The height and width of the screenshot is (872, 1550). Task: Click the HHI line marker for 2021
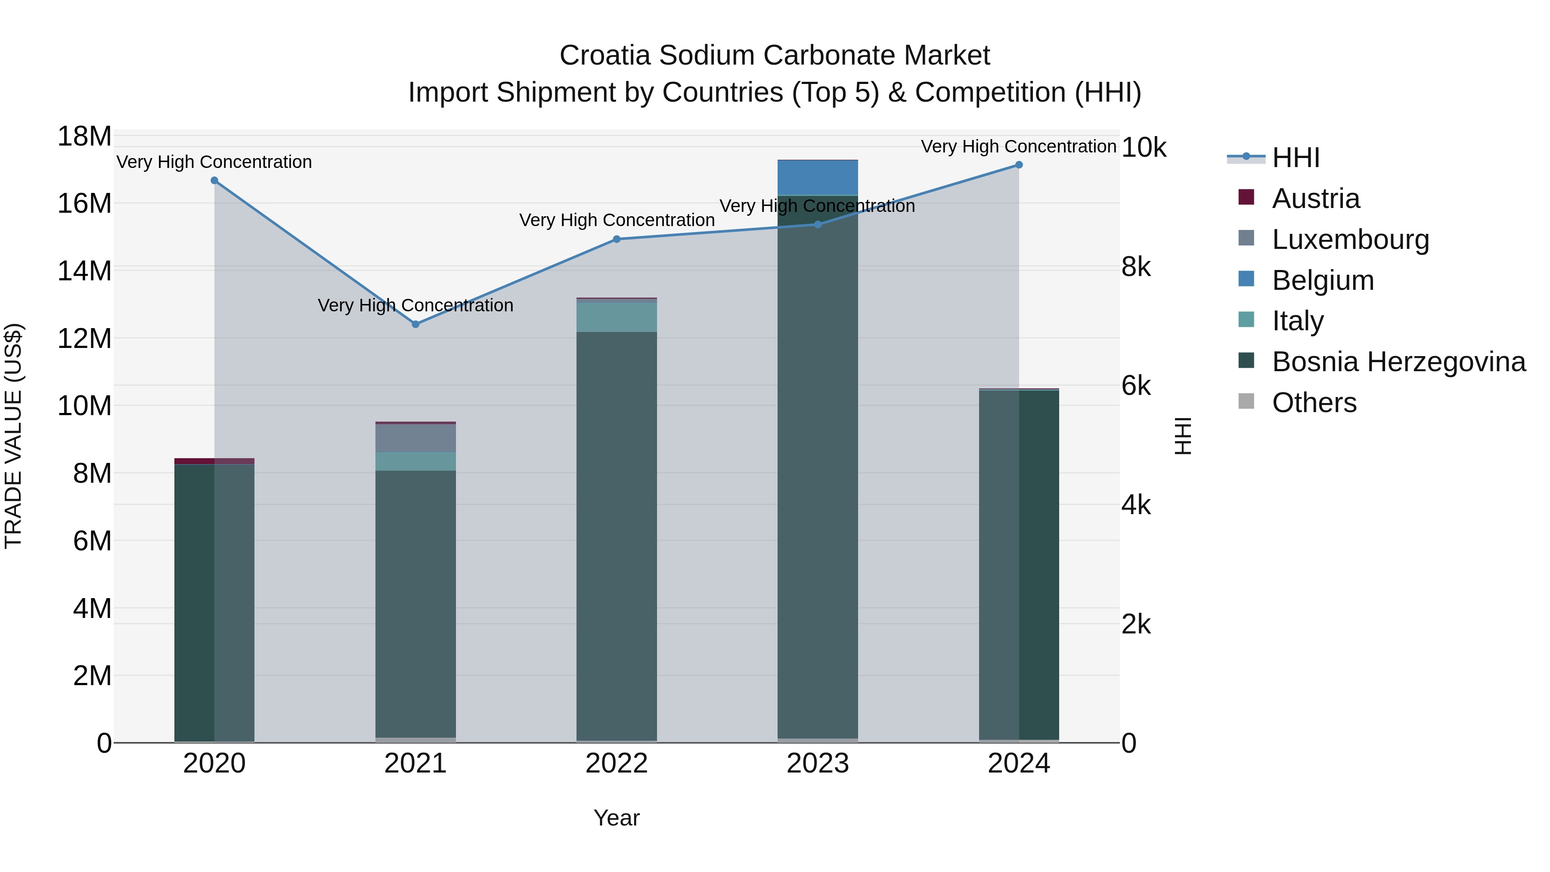pos(415,324)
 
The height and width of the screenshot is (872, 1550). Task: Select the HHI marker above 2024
pos(1019,164)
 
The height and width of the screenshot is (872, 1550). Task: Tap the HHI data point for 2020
pos(214,180)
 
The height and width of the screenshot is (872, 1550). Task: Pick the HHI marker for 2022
pos(616,239)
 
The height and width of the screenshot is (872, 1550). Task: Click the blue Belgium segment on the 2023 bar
pos(817,177)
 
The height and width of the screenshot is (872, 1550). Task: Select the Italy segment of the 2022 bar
pos(616,317)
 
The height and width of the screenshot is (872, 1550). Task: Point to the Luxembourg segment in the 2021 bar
pos(415,438)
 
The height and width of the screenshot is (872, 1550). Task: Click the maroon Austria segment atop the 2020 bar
pos(214,461)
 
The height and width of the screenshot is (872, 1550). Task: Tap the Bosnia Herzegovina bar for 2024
pos(1019,566)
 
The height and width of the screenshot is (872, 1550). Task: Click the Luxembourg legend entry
pos(1350,239)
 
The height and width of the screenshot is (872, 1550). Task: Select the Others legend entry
pos(1314,403)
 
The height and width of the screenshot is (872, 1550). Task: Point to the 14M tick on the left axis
pos(84,271)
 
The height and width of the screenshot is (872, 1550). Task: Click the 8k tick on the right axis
pos(1136,267)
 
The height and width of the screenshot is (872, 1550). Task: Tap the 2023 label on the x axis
pos(817,763)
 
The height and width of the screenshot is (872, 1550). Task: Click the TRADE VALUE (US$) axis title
pos(14,436)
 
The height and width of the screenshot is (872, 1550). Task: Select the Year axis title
pos(616,818)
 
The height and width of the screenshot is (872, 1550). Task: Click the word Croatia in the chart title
pos(605,56)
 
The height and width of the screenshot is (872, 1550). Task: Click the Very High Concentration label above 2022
pos(616,220)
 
